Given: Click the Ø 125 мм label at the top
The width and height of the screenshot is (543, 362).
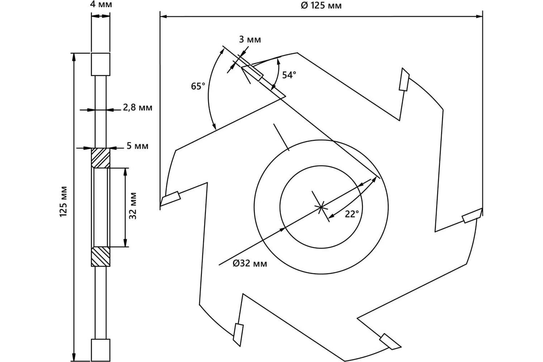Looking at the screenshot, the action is pyautogui.click(x=321, y=5).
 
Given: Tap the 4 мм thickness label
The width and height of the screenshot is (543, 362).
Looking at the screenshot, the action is pyautogui.click(x=101, y=4).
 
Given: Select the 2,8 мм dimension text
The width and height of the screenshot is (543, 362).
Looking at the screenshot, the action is pyautogui.click(x=138, y=107).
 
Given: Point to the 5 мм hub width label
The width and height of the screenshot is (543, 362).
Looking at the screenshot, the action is pyautogui.click(x=138, y=146).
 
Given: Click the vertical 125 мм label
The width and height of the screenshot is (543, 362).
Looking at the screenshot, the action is pyautogui.click(x=63, y=201).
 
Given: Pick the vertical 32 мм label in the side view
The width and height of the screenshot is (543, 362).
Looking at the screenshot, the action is pyautogui.click(x=133, y=206).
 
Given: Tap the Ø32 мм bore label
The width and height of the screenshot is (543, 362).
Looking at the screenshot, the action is pyautogui.click(x=250, y=263).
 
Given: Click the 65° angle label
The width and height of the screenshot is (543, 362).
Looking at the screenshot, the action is pyautogui.click(x=198, y=86).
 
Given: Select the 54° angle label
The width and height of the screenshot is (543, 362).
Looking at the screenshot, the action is pyautogui.click(x=289, y=75).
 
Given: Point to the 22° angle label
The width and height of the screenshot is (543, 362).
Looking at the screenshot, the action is pyautogui.click(x=352, y=214).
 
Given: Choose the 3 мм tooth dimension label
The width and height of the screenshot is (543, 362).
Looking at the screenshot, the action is pyautogui.click(x=250, y=39).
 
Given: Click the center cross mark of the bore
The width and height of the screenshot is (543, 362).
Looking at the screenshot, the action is pyautogui.click(x=321, y=207).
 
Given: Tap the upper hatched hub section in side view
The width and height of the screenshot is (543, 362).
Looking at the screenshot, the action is pyautogui.click(x=100, y=158).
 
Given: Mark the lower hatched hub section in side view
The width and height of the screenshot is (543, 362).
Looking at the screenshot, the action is pyautogui.click(x=100, y=257).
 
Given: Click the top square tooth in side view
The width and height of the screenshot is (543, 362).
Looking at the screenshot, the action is pyautogui.click(x=100, y=64).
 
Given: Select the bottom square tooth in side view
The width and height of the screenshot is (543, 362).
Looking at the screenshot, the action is pyautogui.click(x=100, y=350).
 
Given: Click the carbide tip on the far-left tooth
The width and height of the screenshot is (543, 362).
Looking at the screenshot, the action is pyautogui.click(x=171, y=199).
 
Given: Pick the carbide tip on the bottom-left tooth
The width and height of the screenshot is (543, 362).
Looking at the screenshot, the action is pyautogui.click(x=238, y=335).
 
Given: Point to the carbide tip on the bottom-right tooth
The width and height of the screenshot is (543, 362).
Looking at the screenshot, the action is pyautogui.click(x=390, y=342).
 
